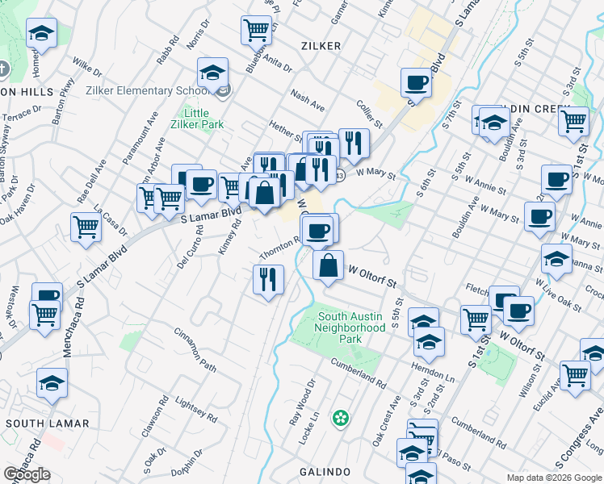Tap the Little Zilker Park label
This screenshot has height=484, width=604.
(197, 119)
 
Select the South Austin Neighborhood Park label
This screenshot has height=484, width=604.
(350, 328)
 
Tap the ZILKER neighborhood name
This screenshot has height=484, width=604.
(321, 46)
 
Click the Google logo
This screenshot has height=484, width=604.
(27, 474)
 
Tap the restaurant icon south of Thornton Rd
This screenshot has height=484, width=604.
(268, 279)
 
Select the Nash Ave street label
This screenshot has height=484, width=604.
(308, 101)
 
